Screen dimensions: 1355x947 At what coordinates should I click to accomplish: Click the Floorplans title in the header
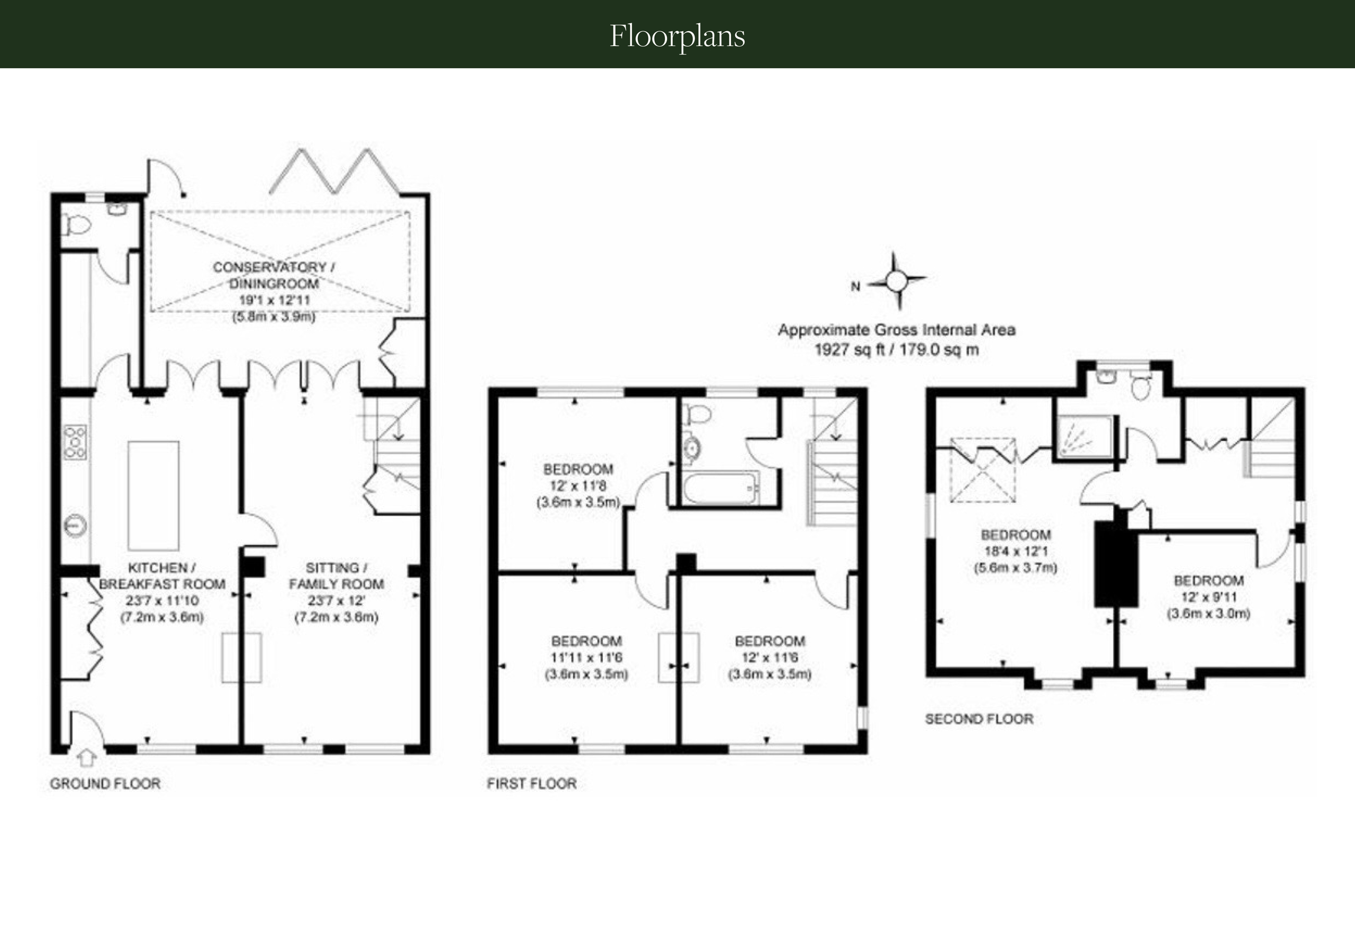[677, 36]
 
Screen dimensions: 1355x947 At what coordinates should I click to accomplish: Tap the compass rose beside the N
[897, 282]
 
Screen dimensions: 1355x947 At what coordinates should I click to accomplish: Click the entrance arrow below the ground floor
[87, 757]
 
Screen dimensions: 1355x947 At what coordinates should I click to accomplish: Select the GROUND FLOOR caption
[105, 783]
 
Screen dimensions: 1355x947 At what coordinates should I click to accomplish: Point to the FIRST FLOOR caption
[532, 783]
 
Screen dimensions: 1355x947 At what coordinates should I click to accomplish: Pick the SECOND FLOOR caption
[979, 719]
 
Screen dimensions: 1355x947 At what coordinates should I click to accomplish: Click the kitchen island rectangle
[153, 495]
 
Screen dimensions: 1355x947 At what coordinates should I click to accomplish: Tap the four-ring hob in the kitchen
[76, 442]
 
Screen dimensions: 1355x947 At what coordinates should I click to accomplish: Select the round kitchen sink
[76, 525]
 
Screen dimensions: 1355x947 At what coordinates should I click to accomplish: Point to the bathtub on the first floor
[720, 488]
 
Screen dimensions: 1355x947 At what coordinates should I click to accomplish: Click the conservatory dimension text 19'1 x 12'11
[274, 300]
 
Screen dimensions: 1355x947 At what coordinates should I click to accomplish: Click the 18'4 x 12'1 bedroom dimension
[1016, 551]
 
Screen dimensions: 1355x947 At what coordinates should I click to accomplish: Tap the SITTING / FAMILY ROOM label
[337, 576]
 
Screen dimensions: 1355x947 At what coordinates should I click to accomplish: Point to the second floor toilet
[1141, 388]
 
